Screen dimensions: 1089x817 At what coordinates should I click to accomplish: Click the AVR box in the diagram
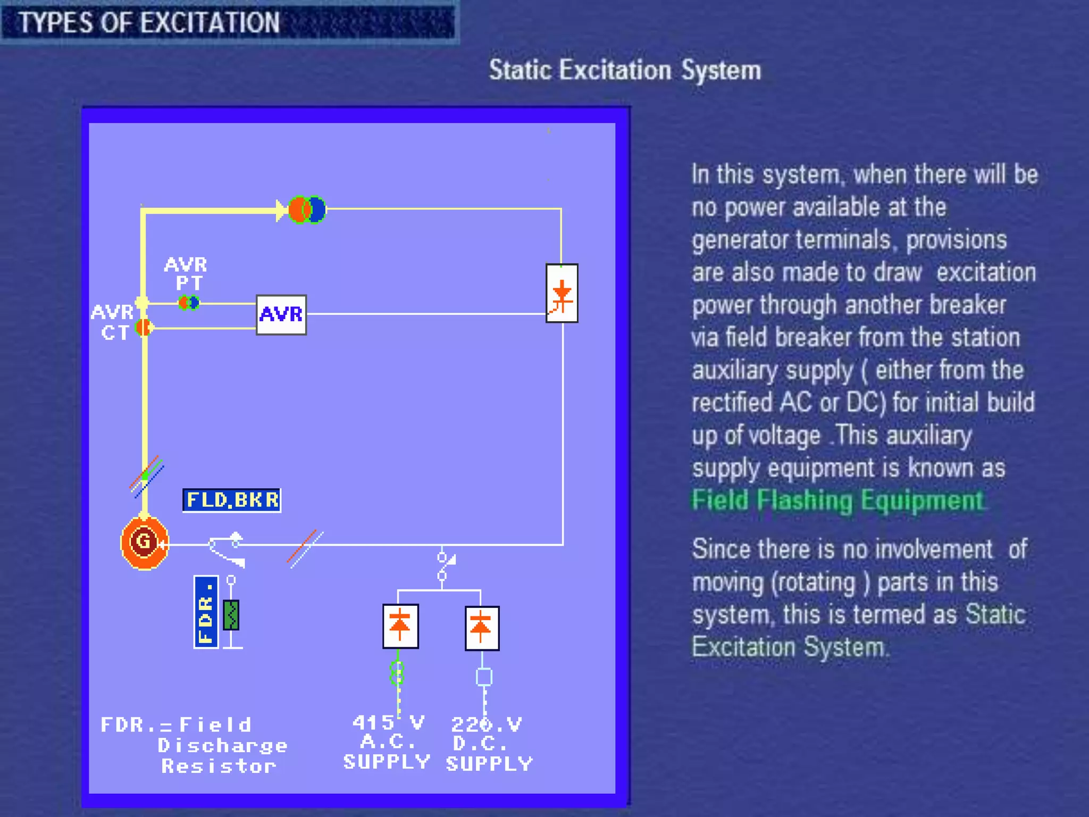(x=281, y=315)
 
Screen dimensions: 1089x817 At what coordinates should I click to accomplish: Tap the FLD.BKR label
(x=232, y=500)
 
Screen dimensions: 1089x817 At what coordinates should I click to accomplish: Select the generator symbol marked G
(x=144, y=542)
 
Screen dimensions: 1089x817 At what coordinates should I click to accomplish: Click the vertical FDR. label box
(x=206, y=612)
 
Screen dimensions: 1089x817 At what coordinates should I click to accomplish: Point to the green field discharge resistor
(x=231, y=615)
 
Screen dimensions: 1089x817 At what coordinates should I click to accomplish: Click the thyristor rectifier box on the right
(x=562, y=293)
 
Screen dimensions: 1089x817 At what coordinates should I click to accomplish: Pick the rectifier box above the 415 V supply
(x=400, y=626)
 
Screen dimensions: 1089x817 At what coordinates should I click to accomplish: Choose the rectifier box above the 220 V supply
(x=482, y=628)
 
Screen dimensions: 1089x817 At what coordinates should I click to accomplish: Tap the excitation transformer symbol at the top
(x=307, y=210)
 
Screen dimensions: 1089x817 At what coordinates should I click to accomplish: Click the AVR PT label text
(x=186, y=273)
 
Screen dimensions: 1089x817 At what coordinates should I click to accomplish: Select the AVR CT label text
(x=113, y=322)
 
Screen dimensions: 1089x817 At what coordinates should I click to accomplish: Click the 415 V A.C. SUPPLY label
(x=387, y=743)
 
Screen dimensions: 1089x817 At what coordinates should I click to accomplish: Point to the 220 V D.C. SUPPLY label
(x=489, y=744)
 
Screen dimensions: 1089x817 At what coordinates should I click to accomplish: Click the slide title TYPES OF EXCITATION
(x=149, y=22)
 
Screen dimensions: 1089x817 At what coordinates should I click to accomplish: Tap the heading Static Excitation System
(x=625, y=70)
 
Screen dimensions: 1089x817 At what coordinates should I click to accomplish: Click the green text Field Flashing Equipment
(x=838, y=501)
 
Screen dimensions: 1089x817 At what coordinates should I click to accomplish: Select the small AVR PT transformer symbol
(x=189, y=303)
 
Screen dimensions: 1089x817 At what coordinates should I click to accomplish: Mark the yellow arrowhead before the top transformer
(x=281, y=210)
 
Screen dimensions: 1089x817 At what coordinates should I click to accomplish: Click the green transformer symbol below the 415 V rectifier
(x=397, y=673)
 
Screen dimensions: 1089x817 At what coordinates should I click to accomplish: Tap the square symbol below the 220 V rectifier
(x=484, y=677)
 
